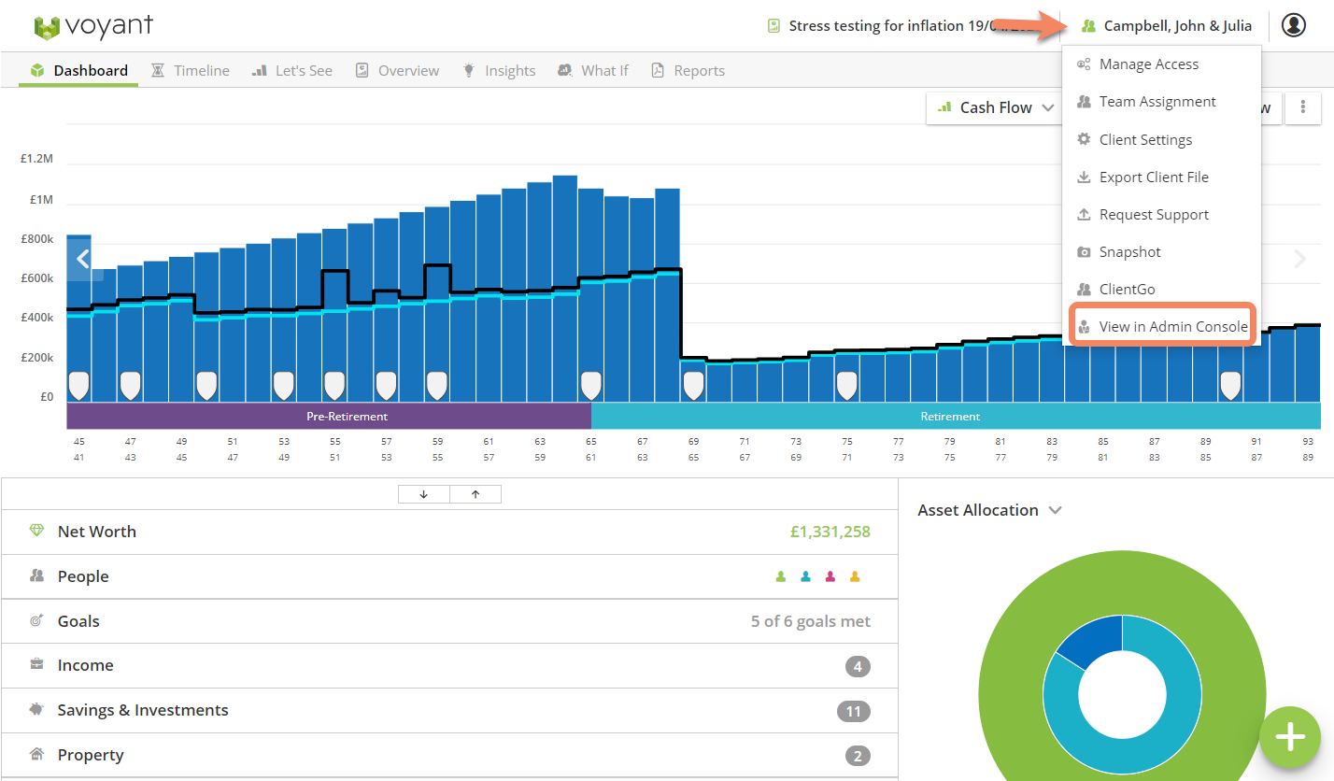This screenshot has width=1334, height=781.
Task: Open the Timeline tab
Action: point(191,70)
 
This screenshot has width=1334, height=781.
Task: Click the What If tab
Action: point(593,70)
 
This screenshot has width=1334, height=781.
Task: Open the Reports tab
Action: point(688,70)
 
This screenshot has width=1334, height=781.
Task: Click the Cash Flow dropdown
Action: point(995,107)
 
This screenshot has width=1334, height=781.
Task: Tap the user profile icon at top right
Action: point(1294,25)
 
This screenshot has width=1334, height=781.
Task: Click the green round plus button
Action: point(1290,737)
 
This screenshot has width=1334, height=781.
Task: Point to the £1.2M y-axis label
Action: point(37,159)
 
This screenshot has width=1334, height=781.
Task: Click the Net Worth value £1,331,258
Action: point(830,532)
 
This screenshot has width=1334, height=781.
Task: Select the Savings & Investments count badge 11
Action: point(854,711)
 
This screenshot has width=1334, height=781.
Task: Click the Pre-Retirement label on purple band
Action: point(347,417)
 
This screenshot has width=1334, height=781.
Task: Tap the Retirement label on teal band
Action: point(950,417)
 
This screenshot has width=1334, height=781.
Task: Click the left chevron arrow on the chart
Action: point(83,259)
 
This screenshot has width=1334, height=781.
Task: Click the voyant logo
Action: point(93,25)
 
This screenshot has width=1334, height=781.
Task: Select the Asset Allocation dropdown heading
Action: point(989,510)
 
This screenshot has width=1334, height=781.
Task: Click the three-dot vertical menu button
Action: point(1303,107)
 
